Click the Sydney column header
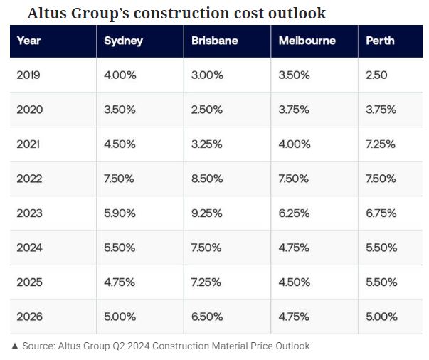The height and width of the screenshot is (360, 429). (x=123, y=41)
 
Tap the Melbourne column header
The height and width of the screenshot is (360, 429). (x=307, y=41)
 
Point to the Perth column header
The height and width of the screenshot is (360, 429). (x=381, y=41)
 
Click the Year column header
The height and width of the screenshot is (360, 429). (x=28, y=41)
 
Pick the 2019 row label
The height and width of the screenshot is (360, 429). (x=29, y=75)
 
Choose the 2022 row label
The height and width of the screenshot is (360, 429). (x=29, y=179)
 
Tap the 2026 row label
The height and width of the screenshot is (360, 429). (x=29, y=317)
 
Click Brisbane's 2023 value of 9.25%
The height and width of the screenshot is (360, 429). (x=207, y=213)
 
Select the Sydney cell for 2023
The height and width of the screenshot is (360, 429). (x=120, y=213)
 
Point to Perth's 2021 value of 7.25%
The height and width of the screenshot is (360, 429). (x=381, y=144)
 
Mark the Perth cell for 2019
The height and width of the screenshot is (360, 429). (x=376, y=75)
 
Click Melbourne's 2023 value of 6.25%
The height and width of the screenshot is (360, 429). (x=294, y=213)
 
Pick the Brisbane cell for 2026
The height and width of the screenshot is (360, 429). (x=207, y=317)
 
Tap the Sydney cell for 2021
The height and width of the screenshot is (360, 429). (x=120, y=144)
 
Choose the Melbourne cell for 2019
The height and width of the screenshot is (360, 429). (x=294, y=75)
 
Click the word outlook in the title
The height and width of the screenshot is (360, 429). (x=298, y=13)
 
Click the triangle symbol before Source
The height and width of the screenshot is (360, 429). (x=14, y=346)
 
